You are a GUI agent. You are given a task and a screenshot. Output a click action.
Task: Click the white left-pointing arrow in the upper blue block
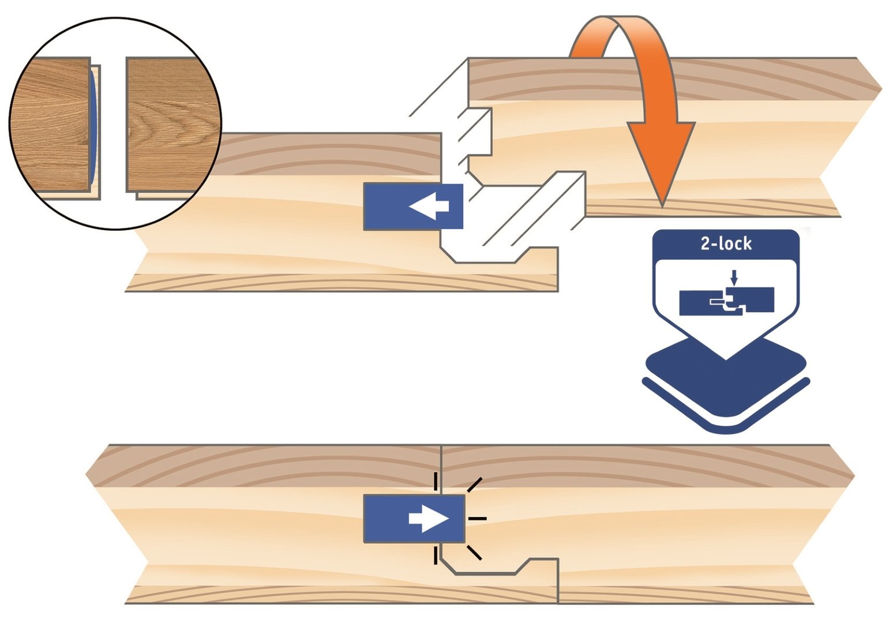point(427,207)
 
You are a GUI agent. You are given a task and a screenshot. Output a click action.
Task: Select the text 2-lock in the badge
point(726,243)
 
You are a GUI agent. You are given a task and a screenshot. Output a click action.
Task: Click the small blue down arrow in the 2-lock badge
point(733,278)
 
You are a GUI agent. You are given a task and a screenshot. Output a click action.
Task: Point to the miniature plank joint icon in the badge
point(726,302)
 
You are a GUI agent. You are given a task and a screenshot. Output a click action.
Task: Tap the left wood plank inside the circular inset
point(52,124)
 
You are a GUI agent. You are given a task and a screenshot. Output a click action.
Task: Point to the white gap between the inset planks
point(113,124)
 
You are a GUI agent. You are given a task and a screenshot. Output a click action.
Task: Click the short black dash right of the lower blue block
point(477,519)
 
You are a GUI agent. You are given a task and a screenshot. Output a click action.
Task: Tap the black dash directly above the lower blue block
point(436,480)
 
